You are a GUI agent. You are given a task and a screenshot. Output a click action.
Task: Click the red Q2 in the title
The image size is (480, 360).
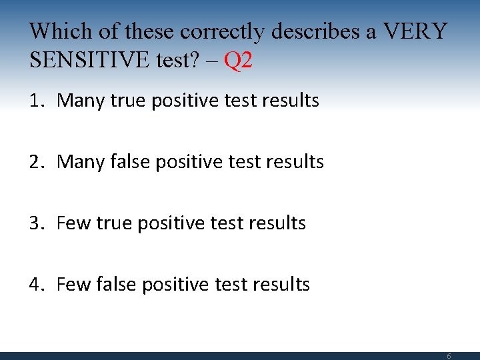coord(239,61)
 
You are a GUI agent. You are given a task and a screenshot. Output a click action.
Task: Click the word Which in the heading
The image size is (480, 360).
coord(57,31)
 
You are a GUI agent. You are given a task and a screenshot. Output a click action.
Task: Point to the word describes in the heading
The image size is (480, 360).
coord(327,31)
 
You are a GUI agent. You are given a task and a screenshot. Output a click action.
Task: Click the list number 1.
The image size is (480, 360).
coord(35,101)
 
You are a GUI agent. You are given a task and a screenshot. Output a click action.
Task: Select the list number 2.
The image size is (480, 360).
coord(35,162)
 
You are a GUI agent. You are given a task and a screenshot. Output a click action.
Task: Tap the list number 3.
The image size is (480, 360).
coord(35,223)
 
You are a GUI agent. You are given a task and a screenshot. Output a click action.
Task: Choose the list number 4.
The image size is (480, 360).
coord(35,285)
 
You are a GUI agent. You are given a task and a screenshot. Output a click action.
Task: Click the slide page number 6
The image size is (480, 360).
coord(449,356)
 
